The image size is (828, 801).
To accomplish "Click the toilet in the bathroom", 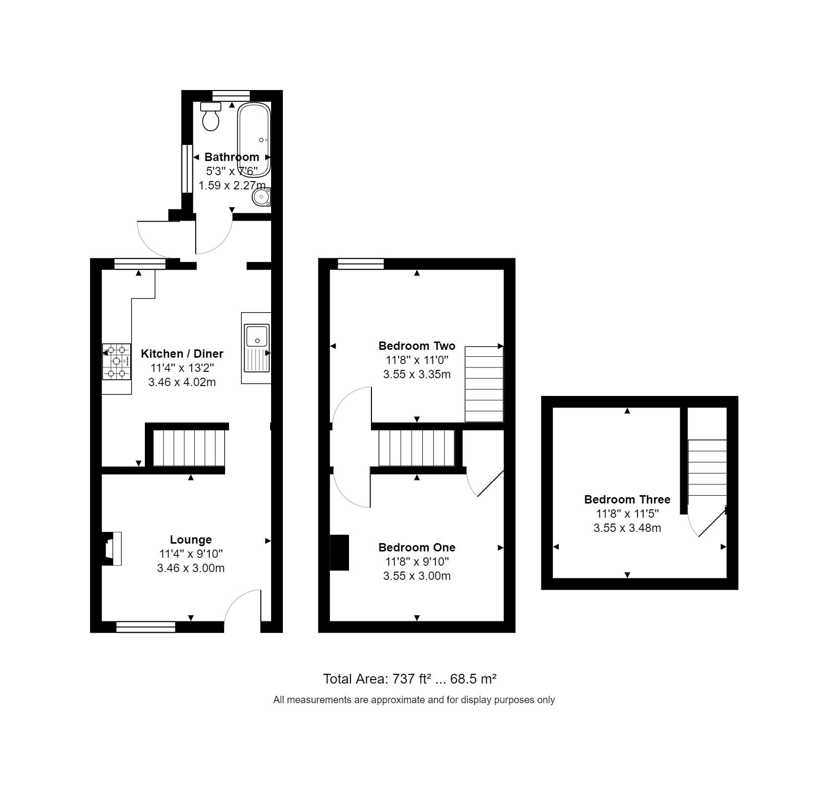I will (211, 117).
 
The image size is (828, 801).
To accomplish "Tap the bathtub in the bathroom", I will (253, 139).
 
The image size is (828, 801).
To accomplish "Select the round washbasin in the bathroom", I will (261, 198).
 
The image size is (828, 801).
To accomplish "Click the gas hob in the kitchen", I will (116, 362).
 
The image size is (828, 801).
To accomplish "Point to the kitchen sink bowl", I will (256, 336).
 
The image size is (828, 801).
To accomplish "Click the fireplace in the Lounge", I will (112, 548).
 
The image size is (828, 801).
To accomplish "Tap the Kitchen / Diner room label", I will (182, 354).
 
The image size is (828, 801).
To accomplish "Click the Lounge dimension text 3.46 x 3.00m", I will (191, 568).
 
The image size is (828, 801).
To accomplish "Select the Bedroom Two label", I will (417, 346).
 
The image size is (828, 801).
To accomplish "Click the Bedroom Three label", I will (627, 500).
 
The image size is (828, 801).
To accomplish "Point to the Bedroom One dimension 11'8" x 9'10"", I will (417, 562).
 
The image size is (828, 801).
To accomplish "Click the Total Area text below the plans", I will (410, 679).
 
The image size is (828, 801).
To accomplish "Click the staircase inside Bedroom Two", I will (483, 384).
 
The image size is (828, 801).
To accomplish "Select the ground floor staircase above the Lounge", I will (189, 448).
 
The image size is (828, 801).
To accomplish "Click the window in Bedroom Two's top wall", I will (361, 264).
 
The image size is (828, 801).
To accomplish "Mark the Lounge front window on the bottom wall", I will (145, 627).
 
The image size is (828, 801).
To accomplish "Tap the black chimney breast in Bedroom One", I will (339, 552).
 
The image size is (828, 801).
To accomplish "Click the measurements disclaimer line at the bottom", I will (414, 700).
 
